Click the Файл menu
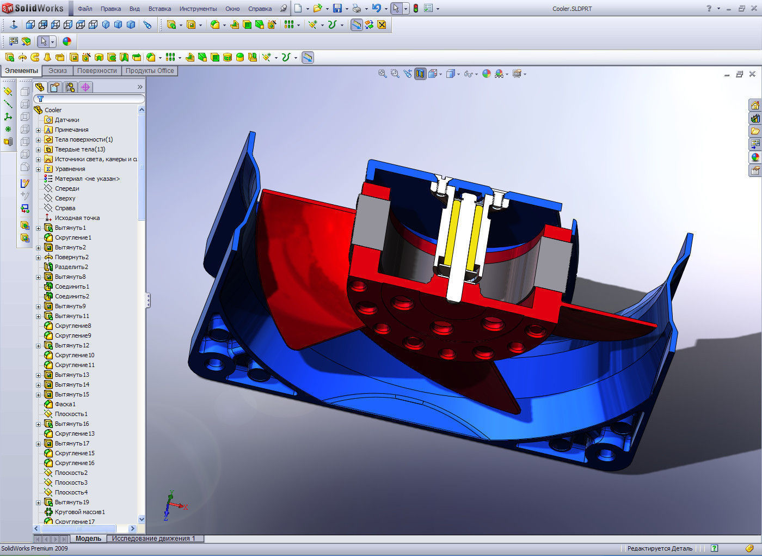pos(85,9)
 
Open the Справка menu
pos(260,9)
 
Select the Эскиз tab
pos(58,71)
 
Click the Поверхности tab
pos(97,71)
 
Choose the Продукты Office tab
pos(150,71)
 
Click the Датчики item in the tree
pos(67,120)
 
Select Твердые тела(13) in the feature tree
pos(79,149)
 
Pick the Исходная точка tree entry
pos(77,218)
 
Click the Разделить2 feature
pos(71,267)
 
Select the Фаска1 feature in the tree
pos(65,404)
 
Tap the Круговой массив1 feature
pos(79,512)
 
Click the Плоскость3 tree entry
pos(71,482)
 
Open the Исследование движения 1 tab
pos(153,539)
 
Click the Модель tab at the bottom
pos(88,539)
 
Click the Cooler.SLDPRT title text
pos(571,9)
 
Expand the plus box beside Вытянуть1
pos(39,228)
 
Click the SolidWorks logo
pos(34,8)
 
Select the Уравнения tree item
pos(70,169)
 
